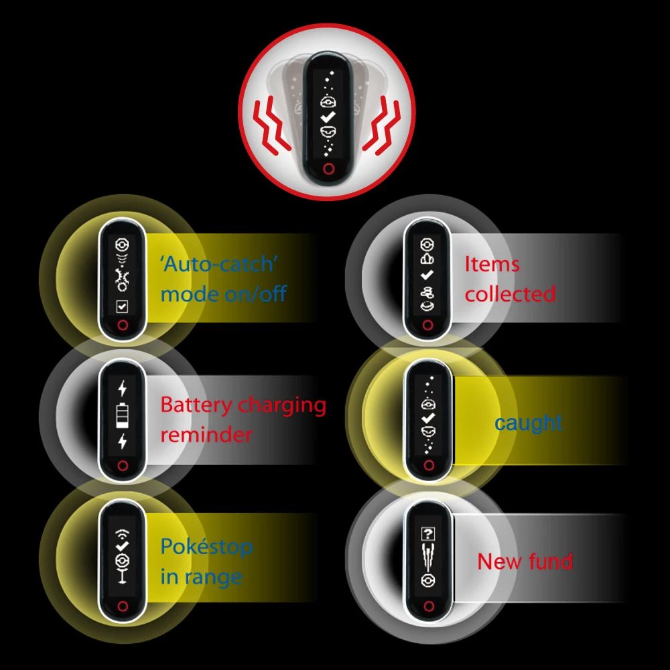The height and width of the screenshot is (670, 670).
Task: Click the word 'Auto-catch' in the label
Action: click(x=218, y=264)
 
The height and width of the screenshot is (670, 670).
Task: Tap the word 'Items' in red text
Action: click(x=492, y=264)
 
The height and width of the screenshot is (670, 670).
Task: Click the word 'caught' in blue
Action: click(x=528, y=423)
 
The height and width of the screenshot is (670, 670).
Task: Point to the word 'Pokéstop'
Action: click(x=206, y=547)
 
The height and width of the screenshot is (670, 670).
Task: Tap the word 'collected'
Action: click(x=511, y=294)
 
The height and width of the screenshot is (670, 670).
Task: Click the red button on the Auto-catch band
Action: click(x=122, y=326)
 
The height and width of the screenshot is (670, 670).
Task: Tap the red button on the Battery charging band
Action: click(x=122, y=466)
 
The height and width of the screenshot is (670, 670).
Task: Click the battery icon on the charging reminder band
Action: click(x=122, y=416)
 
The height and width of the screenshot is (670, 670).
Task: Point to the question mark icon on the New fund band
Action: click(x=427, y=534)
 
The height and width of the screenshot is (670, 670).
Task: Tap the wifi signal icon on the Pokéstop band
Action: click(x=122, y=534)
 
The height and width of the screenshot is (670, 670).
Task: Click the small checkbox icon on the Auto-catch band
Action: click(x=122, y=307)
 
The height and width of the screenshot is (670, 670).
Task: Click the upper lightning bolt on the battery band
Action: click(x=122, y=388)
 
